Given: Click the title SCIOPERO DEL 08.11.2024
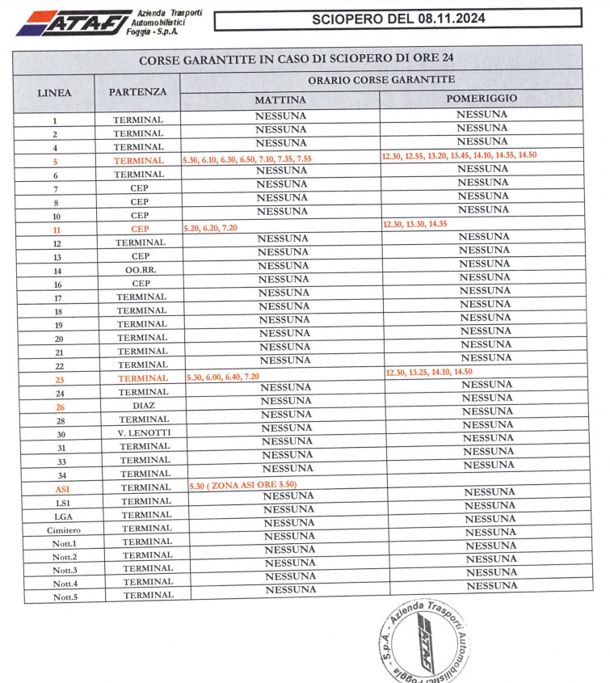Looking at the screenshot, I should click(398, 18).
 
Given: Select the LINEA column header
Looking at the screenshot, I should click(55, 92).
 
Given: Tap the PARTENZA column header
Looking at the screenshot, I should click(137, 92).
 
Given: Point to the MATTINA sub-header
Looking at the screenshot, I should click(280, 99).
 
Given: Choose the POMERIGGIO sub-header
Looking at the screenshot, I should click(482, 99).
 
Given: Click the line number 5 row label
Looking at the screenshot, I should click(55, 161).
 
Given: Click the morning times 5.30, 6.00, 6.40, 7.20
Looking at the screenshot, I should click(223, 377).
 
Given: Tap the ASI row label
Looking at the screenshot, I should click(63, 489).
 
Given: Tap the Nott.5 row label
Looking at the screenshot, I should click(65, 597).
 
